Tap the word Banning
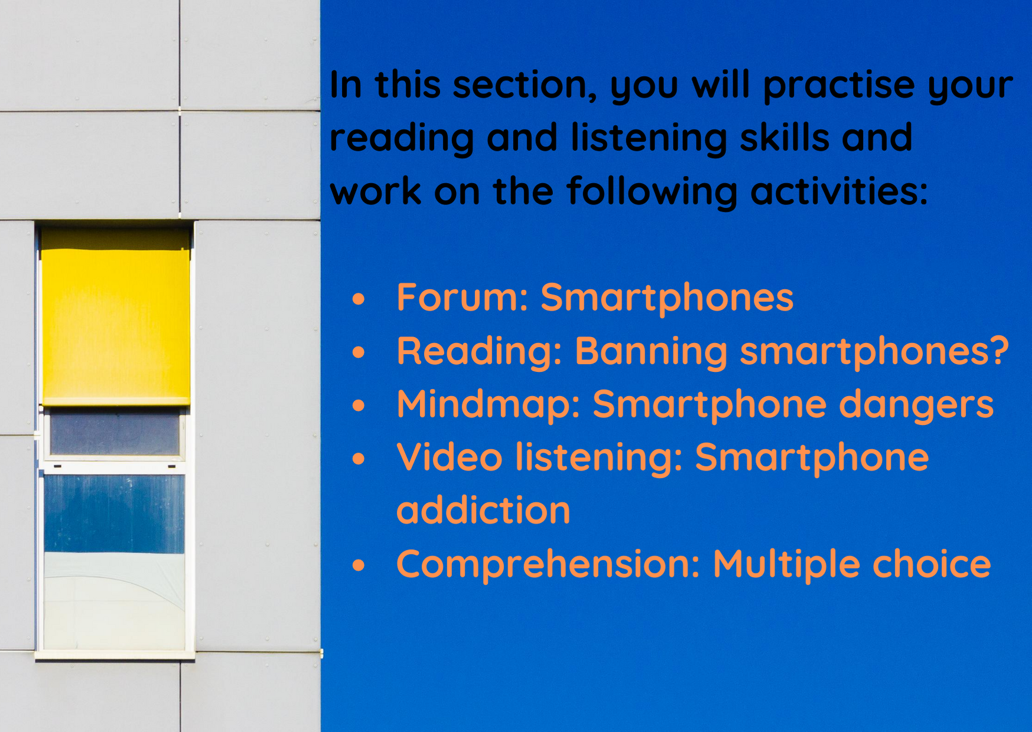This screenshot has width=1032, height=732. (651, 351)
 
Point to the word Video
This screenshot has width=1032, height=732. (450, 457)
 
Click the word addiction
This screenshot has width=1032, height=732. (483, 511)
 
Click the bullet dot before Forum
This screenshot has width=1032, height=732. (359, 299)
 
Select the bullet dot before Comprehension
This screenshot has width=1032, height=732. (359, 566)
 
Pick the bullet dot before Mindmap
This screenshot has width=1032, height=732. (359, 406)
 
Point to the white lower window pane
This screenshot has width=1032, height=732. (115, 601)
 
